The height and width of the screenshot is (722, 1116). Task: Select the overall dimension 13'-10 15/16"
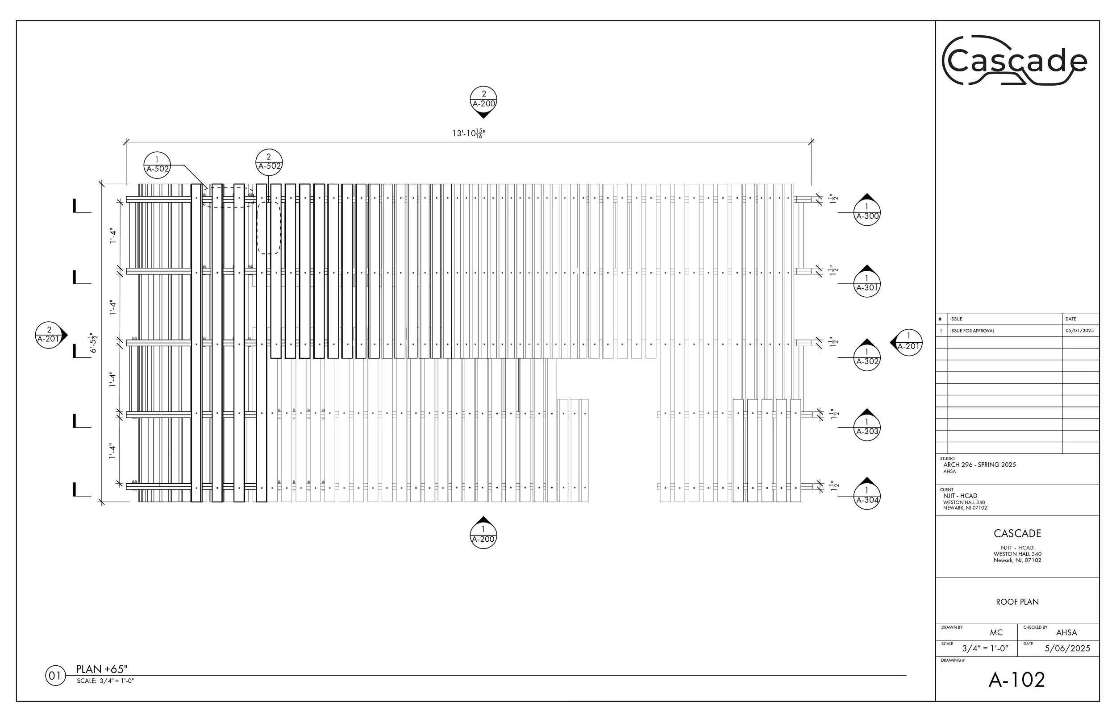point(468,133)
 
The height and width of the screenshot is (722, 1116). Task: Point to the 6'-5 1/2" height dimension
point(94,343)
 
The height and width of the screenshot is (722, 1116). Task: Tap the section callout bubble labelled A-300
point(866,212)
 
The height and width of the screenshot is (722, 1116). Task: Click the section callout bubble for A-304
point(866,496)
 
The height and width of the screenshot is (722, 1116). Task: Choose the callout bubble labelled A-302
point(866,357)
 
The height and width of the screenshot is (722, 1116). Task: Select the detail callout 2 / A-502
point(269,162)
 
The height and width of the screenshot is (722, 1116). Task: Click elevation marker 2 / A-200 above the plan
point(483,100)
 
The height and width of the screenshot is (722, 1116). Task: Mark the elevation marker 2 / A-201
point(49,335)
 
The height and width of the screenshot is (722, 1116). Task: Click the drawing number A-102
point(1016,680)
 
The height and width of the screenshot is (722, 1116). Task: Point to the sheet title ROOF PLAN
point(1017,602)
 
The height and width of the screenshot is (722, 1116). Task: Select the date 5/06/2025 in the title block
point(1067,649)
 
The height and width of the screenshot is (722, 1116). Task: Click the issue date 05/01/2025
point(1079,331)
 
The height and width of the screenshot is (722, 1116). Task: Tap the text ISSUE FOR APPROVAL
point(972,331)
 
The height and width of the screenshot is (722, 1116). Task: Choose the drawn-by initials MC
point(996,633)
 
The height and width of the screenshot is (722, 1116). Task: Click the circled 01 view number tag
point(55,676)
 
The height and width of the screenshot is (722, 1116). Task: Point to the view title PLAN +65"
point(102,669)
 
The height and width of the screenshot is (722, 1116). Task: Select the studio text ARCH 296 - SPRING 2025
point(979,465)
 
